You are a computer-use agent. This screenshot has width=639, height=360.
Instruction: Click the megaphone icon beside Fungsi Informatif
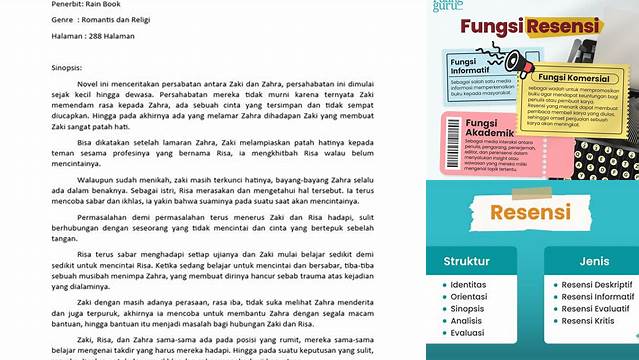tap(516, 62)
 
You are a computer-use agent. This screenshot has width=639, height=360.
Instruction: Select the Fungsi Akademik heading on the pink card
tap(471, 128)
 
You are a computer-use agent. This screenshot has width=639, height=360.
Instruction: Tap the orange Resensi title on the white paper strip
tap(530, 212)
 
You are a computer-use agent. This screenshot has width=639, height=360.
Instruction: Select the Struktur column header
tap(468, 262)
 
